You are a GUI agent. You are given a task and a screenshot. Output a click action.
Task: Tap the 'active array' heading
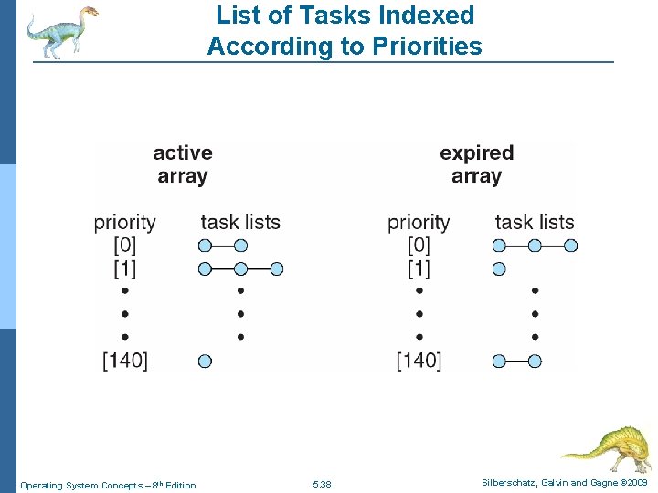pos(183,164)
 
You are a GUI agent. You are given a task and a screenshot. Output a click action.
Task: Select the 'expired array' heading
pos(476,164)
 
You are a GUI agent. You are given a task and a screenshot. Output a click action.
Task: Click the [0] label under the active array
pos(125,245)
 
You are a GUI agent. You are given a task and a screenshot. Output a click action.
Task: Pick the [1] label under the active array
pos(125,268)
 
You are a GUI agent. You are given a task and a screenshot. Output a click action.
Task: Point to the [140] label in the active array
pos(125,361)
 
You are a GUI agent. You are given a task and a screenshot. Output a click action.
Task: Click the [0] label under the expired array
pos(419,245)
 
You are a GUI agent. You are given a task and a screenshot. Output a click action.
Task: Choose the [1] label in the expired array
pos(419,268)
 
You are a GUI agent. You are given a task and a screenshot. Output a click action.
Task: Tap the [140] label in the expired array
pos(419,361)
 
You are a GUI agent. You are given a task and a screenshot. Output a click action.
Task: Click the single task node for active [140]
pos(205,361)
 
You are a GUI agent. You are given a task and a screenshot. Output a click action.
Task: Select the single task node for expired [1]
pos(499,268)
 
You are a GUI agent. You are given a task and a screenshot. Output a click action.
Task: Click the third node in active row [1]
pos(277,268)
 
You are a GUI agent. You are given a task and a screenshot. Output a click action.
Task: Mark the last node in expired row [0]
pos(571,245)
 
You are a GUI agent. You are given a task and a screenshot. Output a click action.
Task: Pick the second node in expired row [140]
pos(535,361)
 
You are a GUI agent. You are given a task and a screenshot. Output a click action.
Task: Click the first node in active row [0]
pos(205,245)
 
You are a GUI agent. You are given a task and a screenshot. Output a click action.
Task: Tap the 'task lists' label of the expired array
pos(535,222)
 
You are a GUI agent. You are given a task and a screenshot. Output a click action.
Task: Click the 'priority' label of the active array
pos(125,222)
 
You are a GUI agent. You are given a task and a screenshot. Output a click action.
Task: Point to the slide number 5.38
pos(322,485)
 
